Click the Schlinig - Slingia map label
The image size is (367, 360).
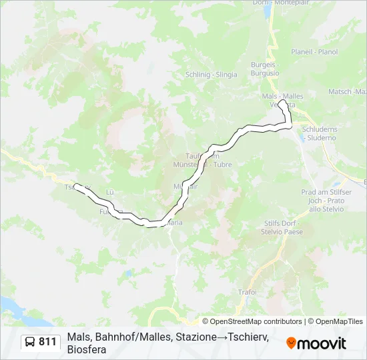point(212,75)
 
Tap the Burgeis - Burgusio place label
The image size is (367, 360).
point(265,69)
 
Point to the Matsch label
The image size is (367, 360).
point(347,91)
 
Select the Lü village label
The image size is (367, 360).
point(110,192)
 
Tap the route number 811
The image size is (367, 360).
point(48,342)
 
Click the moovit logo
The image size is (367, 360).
point(316,343)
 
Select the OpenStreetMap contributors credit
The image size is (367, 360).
point(252,321)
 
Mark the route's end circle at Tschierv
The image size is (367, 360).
point(77,187)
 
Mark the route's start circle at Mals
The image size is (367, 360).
point(283,104)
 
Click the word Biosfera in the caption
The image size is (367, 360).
point(87,349)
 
